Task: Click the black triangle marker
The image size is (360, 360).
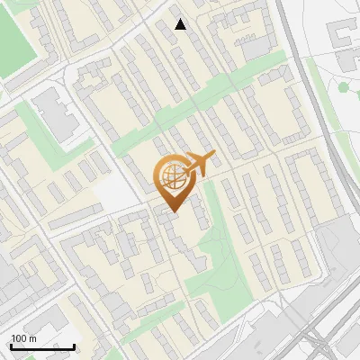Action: tap(181, 24)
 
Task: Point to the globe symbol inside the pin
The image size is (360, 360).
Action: tap(171, 175)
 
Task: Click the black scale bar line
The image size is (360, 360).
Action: tap(42, 346)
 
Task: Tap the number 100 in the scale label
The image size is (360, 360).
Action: tap(19, 338)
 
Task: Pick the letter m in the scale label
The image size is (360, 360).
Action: tap(32, 338)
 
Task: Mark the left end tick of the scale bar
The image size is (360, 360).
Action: tap(11, 345)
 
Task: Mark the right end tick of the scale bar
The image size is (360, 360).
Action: tap(74, 345)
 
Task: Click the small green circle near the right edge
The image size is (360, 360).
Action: tap(342, 87)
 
